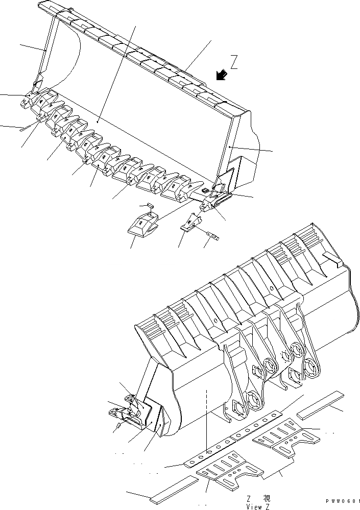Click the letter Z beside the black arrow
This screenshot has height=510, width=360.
(x=234, y=62)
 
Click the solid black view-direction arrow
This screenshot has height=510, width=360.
(x=221, y=75)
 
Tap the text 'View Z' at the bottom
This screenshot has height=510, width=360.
(x=257, y=506)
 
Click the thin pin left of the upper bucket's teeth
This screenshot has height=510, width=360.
(x=22, y=130)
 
